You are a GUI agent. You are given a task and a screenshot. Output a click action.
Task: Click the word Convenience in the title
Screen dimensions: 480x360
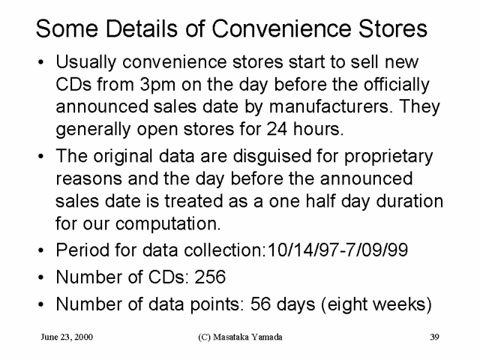pos(282,28)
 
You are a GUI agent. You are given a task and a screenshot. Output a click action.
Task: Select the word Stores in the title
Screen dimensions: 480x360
pos(393,28)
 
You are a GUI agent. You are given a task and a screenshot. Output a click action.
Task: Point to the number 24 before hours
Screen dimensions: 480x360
pos(277,129)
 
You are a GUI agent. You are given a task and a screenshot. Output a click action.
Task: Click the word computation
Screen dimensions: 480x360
pos(168,224)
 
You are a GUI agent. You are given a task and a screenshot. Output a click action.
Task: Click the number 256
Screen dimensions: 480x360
pos(210,277)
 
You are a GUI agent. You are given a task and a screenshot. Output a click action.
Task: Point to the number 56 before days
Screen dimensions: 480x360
pos(260,304)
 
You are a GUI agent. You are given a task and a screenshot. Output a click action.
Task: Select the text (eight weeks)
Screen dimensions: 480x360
pos(376,305)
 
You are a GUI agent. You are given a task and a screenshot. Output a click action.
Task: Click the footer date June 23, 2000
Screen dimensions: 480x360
pos(67,337)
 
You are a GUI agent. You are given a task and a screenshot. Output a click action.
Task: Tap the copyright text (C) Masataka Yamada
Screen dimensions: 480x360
pos(240,337)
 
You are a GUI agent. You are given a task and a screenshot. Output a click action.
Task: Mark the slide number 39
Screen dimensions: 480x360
pos(434,337)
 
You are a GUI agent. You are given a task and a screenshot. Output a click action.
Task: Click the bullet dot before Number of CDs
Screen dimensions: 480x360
pos(41,277)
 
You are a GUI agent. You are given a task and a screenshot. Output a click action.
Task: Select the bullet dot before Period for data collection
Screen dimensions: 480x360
pos(41,250)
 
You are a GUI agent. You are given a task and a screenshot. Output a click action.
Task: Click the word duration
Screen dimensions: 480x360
pos(409,201)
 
